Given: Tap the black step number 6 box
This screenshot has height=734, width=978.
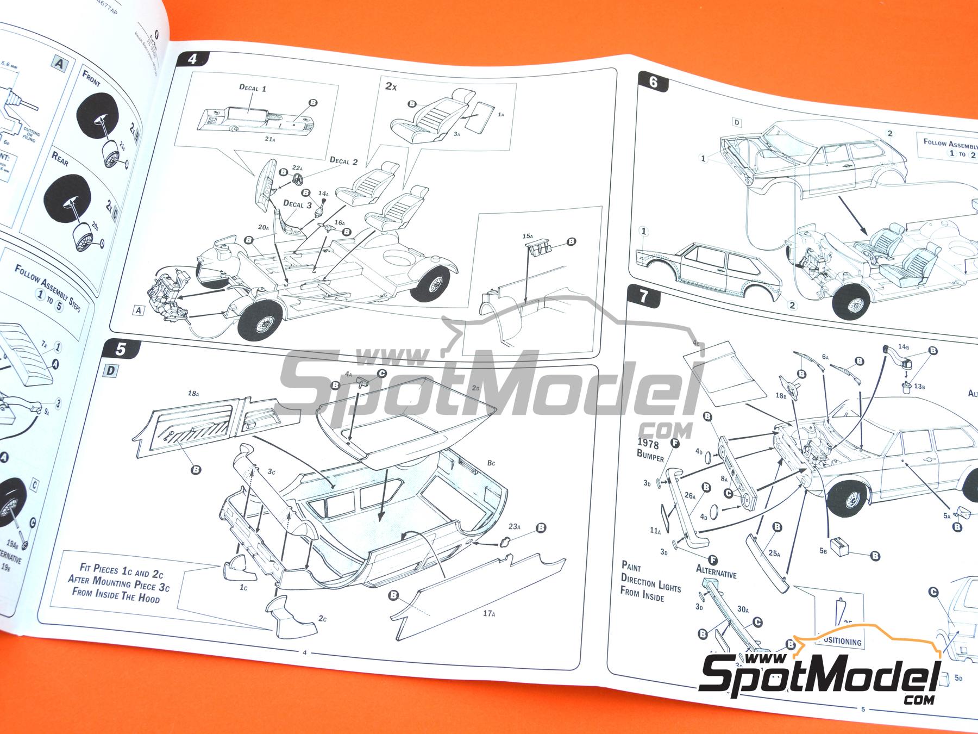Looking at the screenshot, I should [x=653, y=82].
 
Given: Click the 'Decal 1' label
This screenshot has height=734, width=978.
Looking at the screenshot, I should [x=252, y=87].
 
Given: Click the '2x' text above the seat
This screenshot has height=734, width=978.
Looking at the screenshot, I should [x=391, y=86].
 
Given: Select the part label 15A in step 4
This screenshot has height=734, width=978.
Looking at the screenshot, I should [x=526, y=236].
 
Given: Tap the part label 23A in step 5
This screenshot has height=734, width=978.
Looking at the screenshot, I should [x=514, y=528].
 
